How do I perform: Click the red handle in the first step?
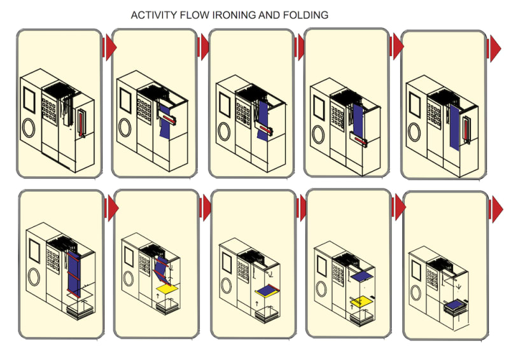tap(80, 123)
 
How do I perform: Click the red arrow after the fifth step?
tap(494, 46)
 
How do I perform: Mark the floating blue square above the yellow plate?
tap(361, 276)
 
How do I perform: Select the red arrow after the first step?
tap(110, 46)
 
